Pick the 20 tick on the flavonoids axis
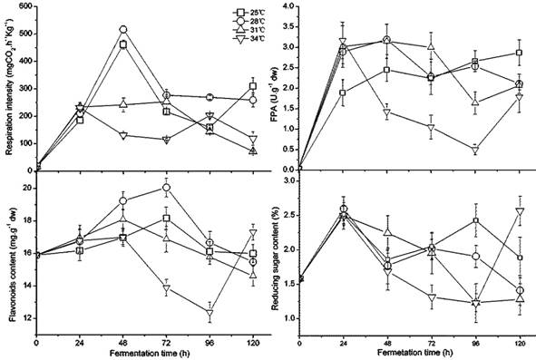[x=25, y=188]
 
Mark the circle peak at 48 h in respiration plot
[x=123, y=30]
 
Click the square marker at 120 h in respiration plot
[x=253, y=87]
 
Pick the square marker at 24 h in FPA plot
[x=343, y=92]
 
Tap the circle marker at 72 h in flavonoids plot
[x=166, y=188]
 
